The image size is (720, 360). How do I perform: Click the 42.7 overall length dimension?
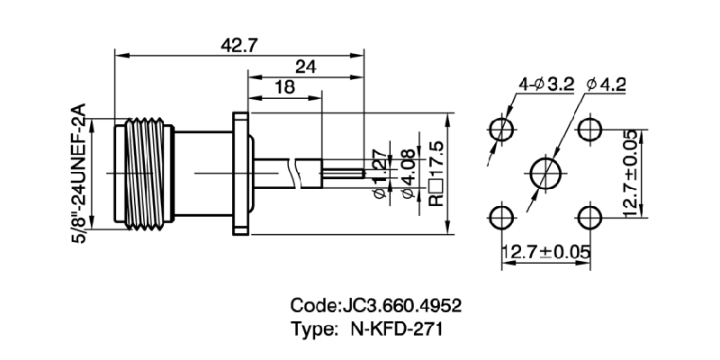(237, 45)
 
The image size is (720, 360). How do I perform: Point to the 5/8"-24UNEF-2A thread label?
(79, 172)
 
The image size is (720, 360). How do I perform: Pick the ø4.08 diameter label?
(409, 174)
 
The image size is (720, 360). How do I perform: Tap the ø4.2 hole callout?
(606, 85)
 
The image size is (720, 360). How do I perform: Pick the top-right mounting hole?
(590, 127)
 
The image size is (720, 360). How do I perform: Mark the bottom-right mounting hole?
(590, 216)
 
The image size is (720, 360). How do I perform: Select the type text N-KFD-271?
(395, 329)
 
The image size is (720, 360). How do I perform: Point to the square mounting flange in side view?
(240, 172)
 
